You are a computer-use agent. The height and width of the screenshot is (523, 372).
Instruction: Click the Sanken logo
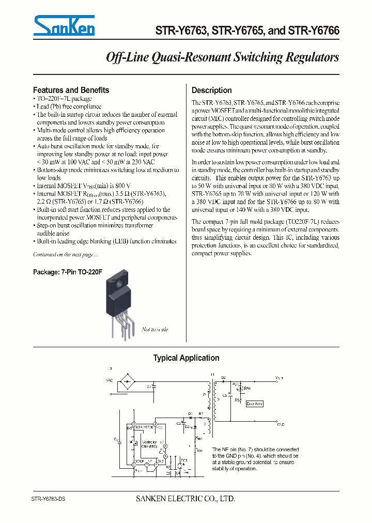(x=64, y=25)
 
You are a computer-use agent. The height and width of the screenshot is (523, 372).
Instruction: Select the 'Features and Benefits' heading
(x=71, y=90)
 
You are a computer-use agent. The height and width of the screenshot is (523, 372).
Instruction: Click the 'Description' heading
(x=211, y=90)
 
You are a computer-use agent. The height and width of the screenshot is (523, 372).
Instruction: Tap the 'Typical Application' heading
(x=186, y=358)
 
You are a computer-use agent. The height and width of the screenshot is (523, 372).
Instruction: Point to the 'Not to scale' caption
(x=155, y=329)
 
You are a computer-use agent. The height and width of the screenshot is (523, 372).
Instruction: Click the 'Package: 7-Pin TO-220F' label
(x=64, y=270)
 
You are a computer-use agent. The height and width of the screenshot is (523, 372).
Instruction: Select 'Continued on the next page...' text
(x=65, y=254)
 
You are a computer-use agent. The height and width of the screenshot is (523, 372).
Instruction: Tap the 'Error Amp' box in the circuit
(x=255, y=404)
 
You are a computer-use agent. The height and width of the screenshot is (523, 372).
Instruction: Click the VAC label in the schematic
(x=109, y=380)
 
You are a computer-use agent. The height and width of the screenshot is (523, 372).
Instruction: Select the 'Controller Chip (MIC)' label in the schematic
(x=149, y=444)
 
